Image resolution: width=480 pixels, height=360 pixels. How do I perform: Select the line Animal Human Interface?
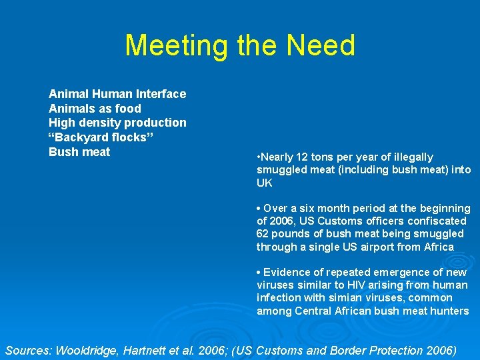coord(117,94)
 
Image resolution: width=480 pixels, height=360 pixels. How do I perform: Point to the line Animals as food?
coord(95,109)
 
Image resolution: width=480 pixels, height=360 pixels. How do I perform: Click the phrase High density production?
coord(117,123)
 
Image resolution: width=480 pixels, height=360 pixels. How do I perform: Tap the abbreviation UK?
coord(265,183)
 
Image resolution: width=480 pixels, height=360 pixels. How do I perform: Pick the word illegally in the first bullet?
coord(410,157)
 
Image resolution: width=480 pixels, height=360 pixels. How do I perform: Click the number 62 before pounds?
coord(263,234)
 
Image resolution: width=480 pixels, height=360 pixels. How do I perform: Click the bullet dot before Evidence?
coord(259,273)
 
